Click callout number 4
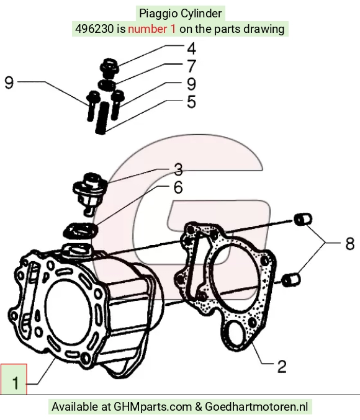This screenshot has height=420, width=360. (191, 49)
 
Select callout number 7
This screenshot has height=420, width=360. (191, 66)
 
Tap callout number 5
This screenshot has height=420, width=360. (191, 102)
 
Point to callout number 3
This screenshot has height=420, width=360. (178, 169)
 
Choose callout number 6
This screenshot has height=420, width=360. (178, 187)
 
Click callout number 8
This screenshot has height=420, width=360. (350, 244)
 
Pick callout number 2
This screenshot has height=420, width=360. (282, 367)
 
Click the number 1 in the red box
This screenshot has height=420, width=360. (16, 383)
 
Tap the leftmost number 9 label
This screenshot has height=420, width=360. (9, 83)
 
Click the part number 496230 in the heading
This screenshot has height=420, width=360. (94, 29)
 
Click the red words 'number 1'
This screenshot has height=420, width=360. (152, 29)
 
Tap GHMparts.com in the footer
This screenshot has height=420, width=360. (153, 406)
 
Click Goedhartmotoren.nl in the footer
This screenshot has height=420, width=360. (256, 406)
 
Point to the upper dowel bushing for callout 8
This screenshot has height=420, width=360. (303, 219)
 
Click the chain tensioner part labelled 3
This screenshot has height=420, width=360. (90, 194)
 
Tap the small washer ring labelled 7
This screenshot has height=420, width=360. (107, 85)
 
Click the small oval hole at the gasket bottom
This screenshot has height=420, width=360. (236, 334)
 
